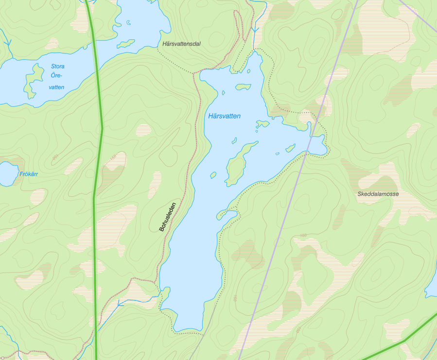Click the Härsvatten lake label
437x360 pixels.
pos(224,116)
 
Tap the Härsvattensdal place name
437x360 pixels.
pos(179,44)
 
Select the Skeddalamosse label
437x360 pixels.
pos(378,194)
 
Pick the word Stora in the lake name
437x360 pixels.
pos(57,67)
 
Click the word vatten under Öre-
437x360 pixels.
pos(56,87)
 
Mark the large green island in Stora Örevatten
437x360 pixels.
pos(32,81)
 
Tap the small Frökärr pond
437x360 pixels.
pos(7,174)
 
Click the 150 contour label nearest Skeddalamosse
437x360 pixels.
pos(303,236)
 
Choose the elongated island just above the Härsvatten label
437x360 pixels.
pos(243,87)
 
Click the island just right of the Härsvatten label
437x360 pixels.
pos(262,124)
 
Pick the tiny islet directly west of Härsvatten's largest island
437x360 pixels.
pos(213,174)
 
